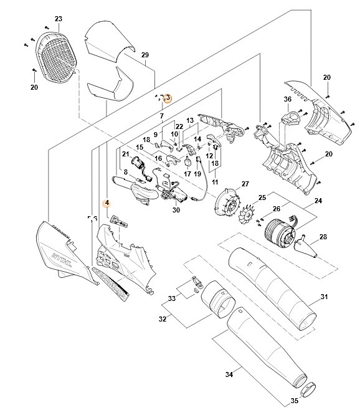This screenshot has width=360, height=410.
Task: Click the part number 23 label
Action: tap(58, 19)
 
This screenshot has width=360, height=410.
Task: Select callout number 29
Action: tap(145, 55)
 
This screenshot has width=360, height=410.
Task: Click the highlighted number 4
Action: tap(107, 203)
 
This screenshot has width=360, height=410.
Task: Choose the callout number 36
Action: tap(288, 100)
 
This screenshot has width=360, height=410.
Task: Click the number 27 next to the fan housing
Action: tap(245, 184)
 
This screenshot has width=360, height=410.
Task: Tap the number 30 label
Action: tap(176, 210)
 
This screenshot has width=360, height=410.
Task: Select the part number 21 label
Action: tap(125, 154)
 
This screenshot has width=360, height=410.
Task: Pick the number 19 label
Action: tap(197, 174)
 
